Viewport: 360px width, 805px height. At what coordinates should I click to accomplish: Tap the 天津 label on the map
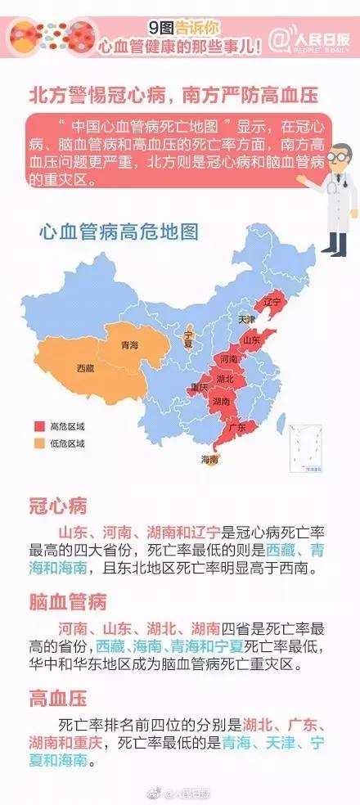click(246, 319)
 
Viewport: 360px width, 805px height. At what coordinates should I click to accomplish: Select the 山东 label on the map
click(251, 340)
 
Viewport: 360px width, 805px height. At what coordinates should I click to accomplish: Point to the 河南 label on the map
click(229, 359)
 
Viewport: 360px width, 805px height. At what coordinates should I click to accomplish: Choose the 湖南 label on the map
click(220, 402)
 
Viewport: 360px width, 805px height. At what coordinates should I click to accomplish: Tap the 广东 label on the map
click(238, 428)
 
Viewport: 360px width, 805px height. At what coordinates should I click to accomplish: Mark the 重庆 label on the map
click(198, 386)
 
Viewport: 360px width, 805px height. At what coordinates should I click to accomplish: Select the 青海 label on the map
click(128, 346)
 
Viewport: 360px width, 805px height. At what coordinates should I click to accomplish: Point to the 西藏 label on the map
click(85, 369)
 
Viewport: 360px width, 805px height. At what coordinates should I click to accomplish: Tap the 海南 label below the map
click(209, 460)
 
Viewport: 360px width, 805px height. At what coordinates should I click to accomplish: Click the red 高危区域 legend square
click(38, 427)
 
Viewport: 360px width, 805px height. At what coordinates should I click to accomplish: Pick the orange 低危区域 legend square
click(38, 443)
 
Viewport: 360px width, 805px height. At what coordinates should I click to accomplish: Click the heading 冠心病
click(57, 505)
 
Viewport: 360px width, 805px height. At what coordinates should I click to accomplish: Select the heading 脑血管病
click(68, 602)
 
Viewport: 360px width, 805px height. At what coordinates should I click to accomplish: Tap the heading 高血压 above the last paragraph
click(57, 699)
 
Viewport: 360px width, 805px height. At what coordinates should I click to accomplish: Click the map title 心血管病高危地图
click(119, 232)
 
